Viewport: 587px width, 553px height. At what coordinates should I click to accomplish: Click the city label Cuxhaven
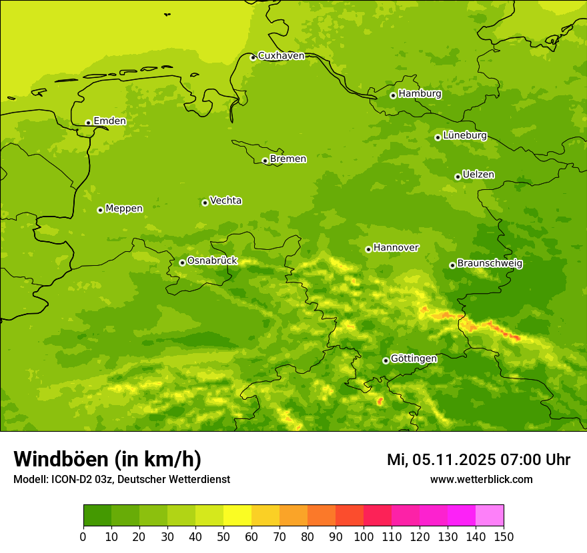point(281,56)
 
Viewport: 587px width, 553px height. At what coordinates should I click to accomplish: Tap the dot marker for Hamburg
point(394,95)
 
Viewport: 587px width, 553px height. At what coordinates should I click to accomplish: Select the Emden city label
point(109,121)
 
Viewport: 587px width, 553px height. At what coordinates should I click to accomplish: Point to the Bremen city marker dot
point(265,161)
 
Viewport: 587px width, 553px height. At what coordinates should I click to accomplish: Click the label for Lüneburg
point(465,136)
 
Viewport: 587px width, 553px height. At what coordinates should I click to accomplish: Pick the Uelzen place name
point(478,175)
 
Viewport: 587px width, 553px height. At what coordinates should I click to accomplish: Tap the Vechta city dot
point(205,203)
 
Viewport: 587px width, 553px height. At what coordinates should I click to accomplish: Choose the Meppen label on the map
point(124,209)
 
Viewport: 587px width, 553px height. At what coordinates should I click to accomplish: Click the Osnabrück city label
point(212,261)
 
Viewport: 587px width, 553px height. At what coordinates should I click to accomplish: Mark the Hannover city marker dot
point(368,249)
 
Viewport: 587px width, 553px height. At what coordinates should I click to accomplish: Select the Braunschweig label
point(490,264)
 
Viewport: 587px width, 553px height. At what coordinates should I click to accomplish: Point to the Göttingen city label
point(414,359)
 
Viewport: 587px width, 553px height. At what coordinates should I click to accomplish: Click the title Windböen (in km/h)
point(107,459)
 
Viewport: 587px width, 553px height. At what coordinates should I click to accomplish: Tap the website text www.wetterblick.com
point(481,480)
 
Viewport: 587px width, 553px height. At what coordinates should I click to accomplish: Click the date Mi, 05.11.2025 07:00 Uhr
point(478,460)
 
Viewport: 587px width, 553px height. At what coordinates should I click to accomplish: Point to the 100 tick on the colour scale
point(363,536)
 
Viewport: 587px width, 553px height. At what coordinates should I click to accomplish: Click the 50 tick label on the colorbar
point(223,536)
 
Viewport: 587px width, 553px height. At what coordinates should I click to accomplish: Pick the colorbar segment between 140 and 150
point(490,516)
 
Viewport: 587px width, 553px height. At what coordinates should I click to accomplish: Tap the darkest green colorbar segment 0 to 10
point(97,516)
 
